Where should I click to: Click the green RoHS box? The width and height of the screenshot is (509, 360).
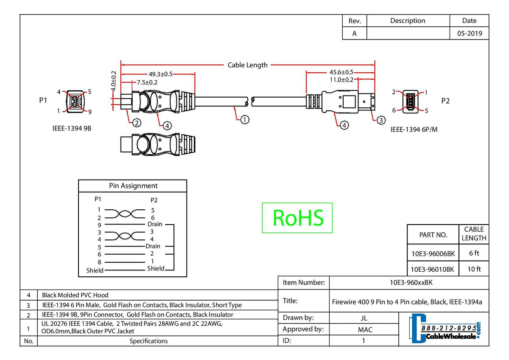coord(297,218)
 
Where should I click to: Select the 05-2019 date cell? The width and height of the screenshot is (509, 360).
coord(469,34)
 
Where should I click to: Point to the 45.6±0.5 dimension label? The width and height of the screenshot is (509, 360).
coord(341,72)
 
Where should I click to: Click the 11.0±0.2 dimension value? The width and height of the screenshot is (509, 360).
coord(341,79)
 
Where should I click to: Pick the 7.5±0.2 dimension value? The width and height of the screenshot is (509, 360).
coord(147,82)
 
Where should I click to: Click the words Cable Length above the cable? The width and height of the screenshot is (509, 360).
coord(248,65)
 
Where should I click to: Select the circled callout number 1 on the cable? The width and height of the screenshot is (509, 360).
coord(245,120)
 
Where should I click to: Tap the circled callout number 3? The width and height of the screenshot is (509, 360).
coord(381,121)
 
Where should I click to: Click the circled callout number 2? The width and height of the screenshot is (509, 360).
coord(137,123)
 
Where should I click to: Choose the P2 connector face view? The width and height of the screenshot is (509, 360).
coord(409,101)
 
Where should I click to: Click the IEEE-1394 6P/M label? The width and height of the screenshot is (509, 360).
coord(414,129)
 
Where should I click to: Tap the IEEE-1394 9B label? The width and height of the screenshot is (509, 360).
coord(72,127)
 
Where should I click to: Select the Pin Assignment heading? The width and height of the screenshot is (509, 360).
coord(133,186)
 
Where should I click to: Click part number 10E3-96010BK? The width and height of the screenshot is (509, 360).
coord(433,269)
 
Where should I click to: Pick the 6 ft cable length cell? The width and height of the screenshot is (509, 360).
coord(474,253)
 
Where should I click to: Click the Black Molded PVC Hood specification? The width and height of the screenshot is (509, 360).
coord(75,295)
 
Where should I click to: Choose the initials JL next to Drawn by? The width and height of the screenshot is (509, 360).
coord(364,318)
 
